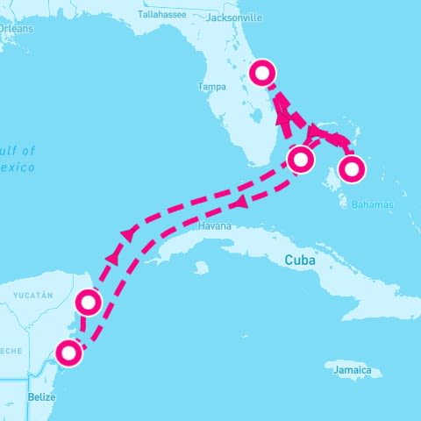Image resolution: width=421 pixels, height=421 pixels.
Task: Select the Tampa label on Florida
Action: click(x=212, y=87)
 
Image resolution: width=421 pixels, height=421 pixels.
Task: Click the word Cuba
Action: click(x=301, y=260)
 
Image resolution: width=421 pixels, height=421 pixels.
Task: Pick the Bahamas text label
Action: click(x=373, y=204)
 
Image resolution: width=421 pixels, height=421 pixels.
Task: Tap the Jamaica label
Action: click(x=357, y=372)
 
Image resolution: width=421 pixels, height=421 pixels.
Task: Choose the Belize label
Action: click(x=41, y=396)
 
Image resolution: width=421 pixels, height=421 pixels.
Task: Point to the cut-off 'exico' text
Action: click(x=18, y=167)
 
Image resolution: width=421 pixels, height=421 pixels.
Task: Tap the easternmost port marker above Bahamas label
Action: click(x=352, y=168)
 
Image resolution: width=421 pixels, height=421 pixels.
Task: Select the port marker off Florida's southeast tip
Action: click(x=301, y=160)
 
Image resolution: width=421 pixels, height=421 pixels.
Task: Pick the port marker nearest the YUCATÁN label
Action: click(x=89, y=303)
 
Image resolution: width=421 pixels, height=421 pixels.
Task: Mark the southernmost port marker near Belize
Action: click(x=68, y=353)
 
